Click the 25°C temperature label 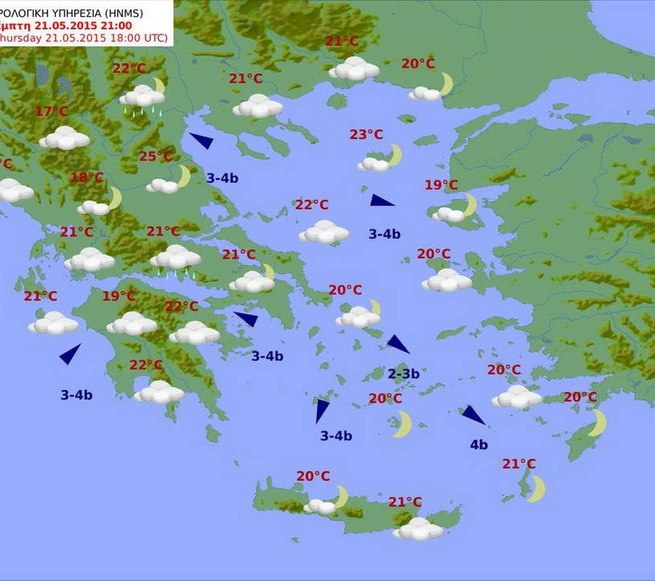155,157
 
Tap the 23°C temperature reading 367,134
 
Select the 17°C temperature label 52,112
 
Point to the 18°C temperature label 86,177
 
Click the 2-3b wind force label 403,373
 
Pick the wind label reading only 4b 478,445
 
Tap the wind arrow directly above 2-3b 398,344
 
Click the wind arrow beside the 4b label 473,415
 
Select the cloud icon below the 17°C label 65,137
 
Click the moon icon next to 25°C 184,176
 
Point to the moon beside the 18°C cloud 114,197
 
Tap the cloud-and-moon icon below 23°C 381,159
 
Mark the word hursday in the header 17,38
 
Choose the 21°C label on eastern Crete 405,502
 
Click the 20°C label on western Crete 313,476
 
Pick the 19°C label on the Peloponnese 118,296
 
